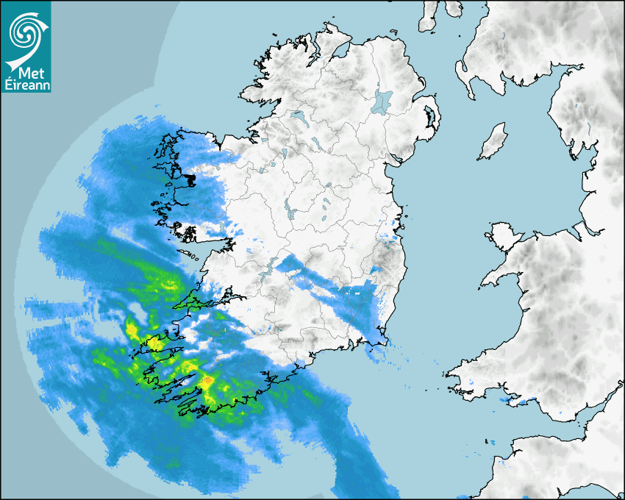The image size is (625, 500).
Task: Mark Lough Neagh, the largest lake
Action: click(x=383, y=101)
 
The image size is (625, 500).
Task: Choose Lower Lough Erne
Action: click(x=298, y=115)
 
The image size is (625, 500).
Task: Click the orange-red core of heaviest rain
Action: click(x=208, y=380)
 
